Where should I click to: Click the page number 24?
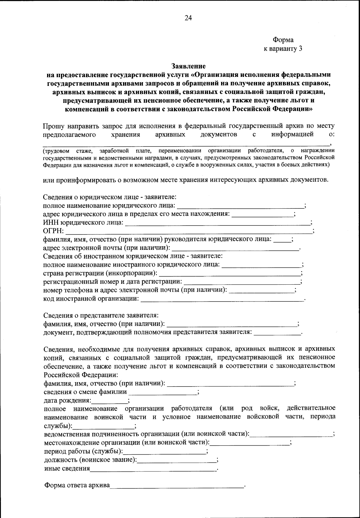pos(188,18)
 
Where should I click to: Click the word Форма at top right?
pos(283,40)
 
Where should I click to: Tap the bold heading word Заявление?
pos(188,66)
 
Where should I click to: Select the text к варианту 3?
pos(283,49)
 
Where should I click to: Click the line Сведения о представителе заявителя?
pos(101,316)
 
